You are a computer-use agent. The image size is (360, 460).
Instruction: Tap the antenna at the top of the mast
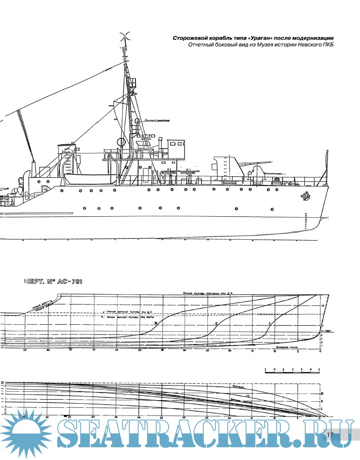[123, 36]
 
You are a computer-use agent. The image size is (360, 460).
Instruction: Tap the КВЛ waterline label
[327, 330]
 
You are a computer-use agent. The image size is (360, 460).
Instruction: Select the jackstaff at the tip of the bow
[326, 165]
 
